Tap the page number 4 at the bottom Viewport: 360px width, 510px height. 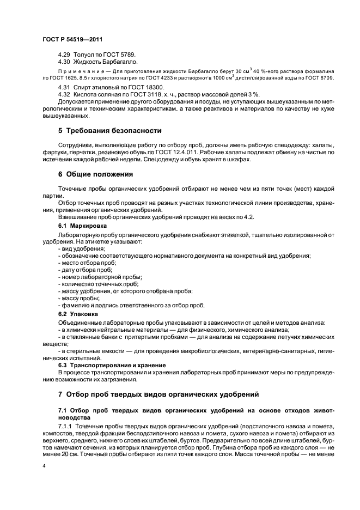pos(44,466)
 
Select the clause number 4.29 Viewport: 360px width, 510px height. pos(64,55)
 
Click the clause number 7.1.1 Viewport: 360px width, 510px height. pos(66,425)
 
